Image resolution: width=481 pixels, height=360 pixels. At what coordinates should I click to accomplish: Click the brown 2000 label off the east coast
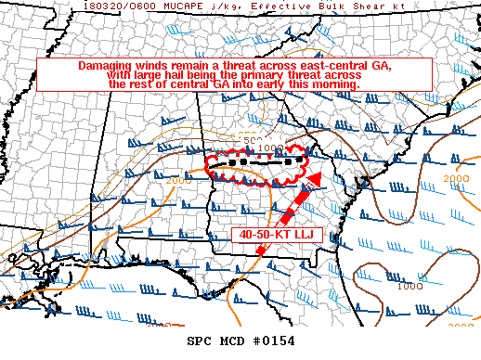tap(455, 177)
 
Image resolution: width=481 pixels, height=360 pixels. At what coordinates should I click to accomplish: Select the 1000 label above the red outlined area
tap(271, 148)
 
